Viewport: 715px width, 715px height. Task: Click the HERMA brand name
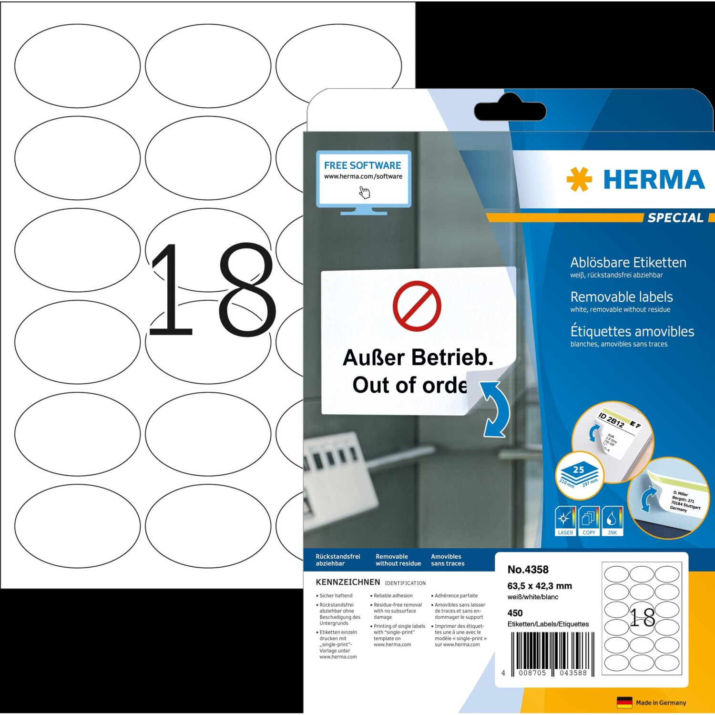[654, 180]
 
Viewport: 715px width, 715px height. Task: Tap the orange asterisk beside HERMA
[579, 180]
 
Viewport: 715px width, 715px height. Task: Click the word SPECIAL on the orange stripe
[675, 218]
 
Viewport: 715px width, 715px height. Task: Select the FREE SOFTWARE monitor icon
[363, 181]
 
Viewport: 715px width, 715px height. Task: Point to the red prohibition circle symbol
[417, 306]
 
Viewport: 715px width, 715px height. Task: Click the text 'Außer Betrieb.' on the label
[418, 357]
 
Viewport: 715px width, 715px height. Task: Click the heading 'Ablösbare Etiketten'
[628, 263]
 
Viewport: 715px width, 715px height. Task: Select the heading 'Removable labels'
[621, 297]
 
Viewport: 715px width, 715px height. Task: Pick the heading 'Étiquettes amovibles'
[632, 331]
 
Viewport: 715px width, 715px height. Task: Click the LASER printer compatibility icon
[565, 521]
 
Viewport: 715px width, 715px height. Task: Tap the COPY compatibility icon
[589, 521]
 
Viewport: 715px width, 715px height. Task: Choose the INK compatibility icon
[613, 521]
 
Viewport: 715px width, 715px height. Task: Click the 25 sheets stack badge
[579, 474]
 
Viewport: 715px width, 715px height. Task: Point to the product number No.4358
[528, 570]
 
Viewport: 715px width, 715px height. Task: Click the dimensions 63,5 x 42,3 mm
[539, 586]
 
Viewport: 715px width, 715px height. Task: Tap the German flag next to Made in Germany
[624, 702]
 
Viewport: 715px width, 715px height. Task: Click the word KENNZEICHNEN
[347, 582]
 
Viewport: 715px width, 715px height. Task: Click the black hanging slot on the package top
[510, 111]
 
